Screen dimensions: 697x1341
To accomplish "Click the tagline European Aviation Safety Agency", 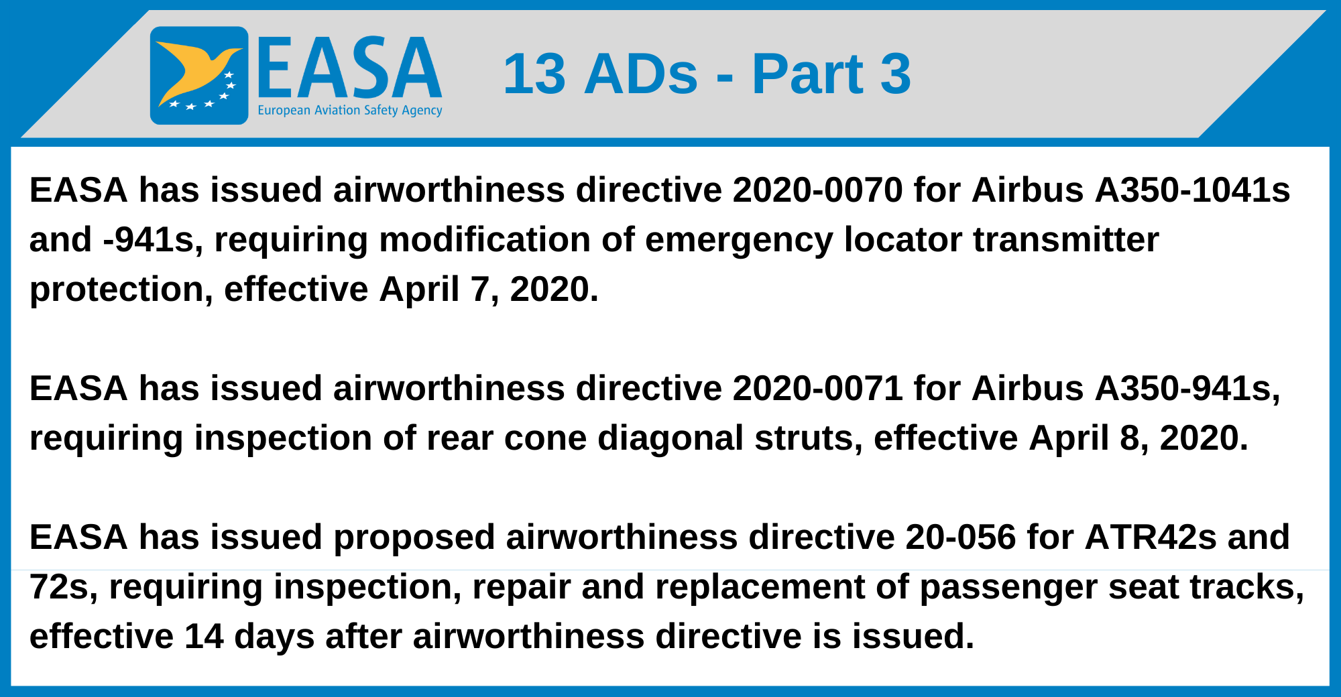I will coord(350,111).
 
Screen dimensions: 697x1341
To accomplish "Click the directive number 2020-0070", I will coord(817,190).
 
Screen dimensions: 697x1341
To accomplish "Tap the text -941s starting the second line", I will coord(153,240).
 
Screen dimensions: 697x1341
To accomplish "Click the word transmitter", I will coord(1065,240).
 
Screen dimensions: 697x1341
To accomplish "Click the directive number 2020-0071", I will coord(817,389).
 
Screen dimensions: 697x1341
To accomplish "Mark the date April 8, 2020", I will coord(1138,438).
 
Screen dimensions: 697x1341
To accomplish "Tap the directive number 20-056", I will coord(960,537).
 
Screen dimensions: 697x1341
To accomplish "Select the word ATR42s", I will coord(1150,537).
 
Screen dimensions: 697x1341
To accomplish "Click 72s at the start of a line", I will coord(64,587).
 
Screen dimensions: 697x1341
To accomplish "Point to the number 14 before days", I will coord(204,637).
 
